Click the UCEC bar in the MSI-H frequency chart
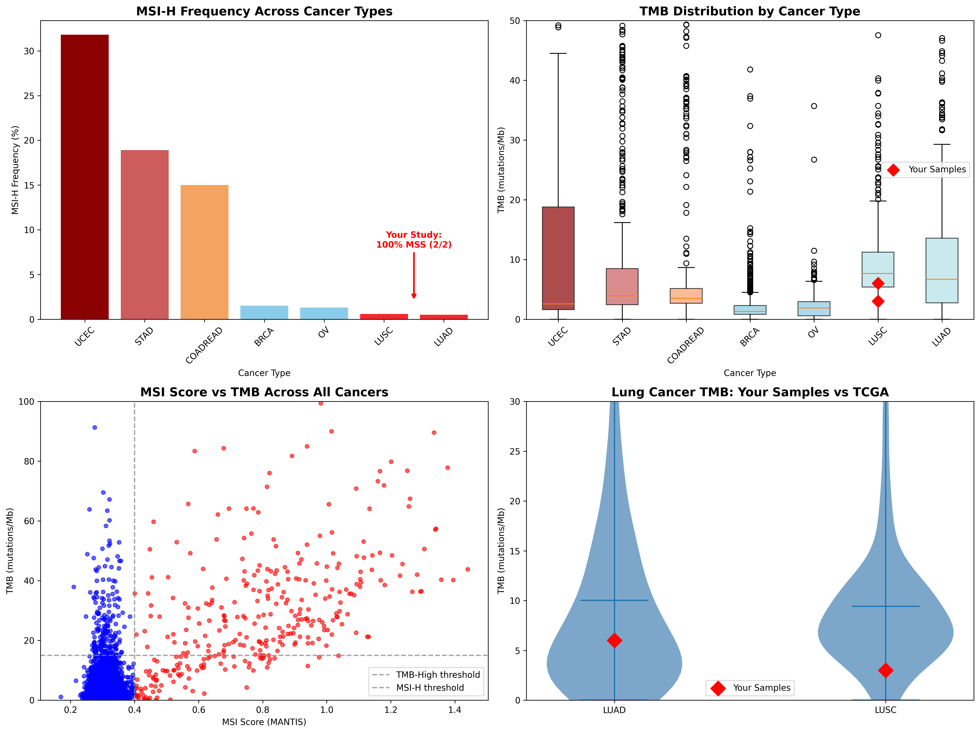(85, 177)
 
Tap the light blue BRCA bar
(264, 313)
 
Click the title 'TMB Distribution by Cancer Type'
(750, 11)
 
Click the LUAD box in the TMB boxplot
(941, 270)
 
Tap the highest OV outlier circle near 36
(814, 106)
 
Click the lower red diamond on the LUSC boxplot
(878, 301)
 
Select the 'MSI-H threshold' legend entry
(430, 687)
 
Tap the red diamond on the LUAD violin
(614, 640)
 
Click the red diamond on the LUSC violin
(885, 670)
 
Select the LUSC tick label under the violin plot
(885, 710)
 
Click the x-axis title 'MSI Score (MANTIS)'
(264, 722)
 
